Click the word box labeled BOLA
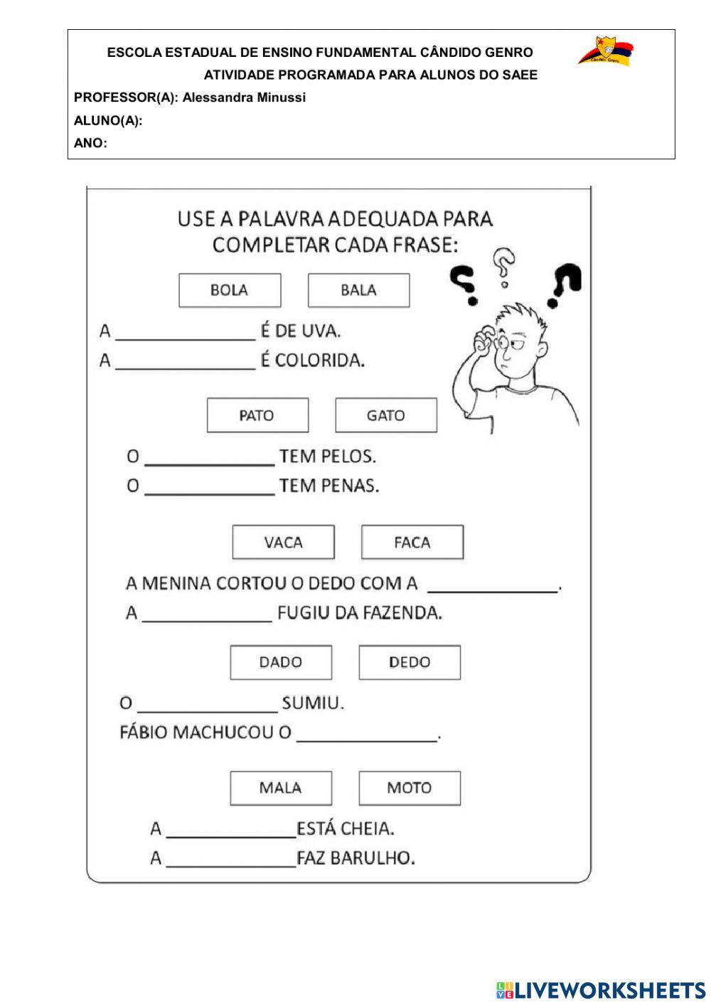click(x=230, y=290)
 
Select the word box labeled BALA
click(x=358, y=290)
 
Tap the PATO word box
click(x=257, y=415)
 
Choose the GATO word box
click(x=386, y=415)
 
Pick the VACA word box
click(x=283, y=543)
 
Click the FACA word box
click(x=412, y=543)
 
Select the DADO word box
click(x=281, y=662)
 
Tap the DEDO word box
click(x=410, y=662)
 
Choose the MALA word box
click(x=281, y=788)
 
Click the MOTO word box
click(x=410, y=788)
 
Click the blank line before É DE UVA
click(x=185, y=334)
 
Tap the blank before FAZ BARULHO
click(x=230, y=861)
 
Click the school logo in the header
click(x=605, y=52)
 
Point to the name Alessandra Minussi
click(x=244, y=97)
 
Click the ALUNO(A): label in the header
click(x=108, y=120)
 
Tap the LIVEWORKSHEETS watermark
click(x=601, y=989)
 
